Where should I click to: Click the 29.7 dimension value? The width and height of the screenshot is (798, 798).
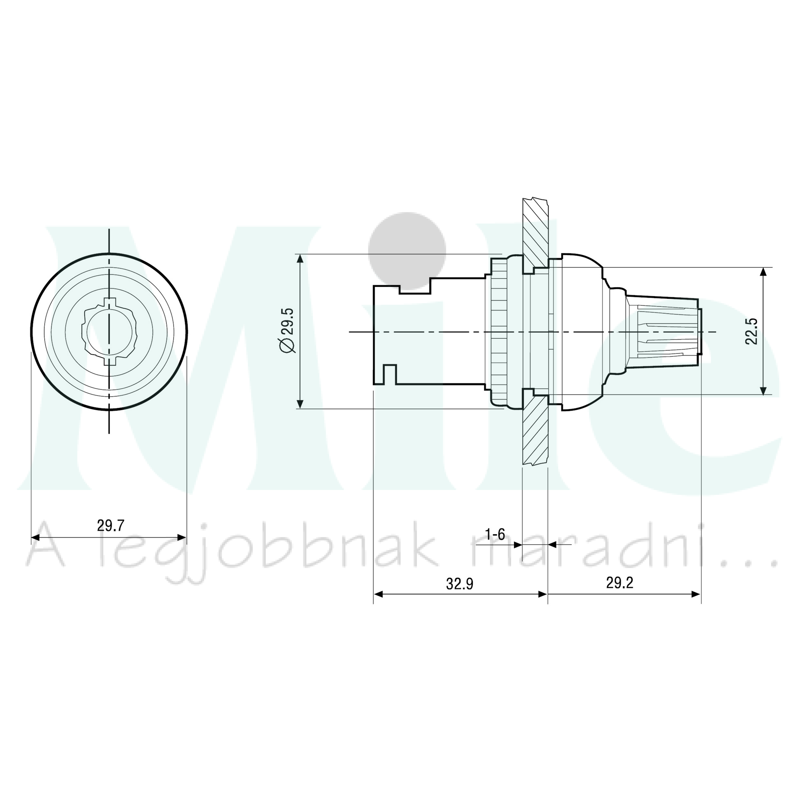pyautogui.click(x=111, y=525)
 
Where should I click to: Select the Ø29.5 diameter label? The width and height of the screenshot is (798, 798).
pyautogui.click(x=288, y=330)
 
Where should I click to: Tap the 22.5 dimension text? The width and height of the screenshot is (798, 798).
pyautogui.click(x=751, y=331)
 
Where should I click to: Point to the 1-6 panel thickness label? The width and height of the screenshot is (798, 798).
pyautogui.click(x=495, y=535)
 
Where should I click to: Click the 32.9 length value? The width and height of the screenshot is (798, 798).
pyautogui.click(x=460, y=584)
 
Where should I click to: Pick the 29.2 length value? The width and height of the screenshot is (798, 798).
pyautogui.click(x=620, y=583)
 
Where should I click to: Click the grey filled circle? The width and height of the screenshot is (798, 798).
pyautogui.click(x=407, y=251)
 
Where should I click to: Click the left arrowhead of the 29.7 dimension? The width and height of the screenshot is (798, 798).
pyautogui.click(x=36, y=537)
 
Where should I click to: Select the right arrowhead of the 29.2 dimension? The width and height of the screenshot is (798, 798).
pyautogui.click(x=696, y=595)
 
